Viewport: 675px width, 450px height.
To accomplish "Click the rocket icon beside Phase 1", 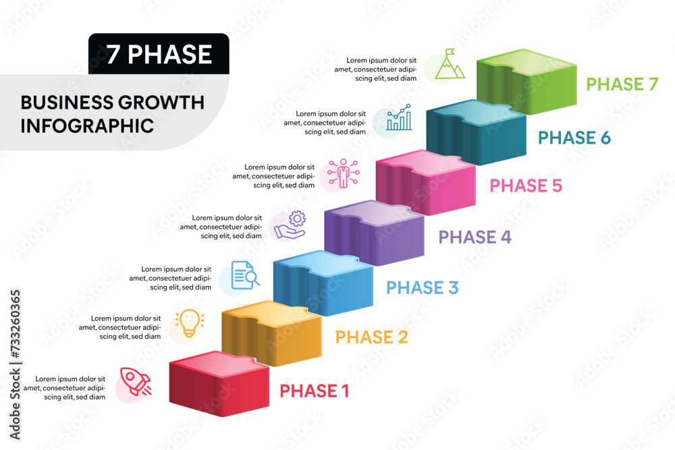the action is tap(136, 381).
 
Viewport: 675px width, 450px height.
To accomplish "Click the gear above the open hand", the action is tap(298, 219).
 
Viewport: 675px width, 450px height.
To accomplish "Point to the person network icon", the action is tap(343, 173).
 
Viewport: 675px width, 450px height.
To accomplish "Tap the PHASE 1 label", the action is tap(315, 391).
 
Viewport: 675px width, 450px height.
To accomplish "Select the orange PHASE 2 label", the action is tap(371, 337).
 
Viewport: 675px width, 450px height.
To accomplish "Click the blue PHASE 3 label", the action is tap(423, 288).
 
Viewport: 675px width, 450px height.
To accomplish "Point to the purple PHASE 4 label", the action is tap(475, 237).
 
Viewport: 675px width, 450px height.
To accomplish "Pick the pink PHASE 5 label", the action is tap(526, 186).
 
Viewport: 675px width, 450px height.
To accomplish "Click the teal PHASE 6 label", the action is tap(574, 138).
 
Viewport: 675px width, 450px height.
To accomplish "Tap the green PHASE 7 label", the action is tap(622, 84).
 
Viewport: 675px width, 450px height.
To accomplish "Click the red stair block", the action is tap(219, 384).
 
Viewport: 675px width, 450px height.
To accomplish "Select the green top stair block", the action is tap(526, 82).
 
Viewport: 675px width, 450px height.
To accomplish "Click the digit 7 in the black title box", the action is tap(113, 55).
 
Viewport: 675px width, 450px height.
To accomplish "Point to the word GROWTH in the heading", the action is tap(161, 103).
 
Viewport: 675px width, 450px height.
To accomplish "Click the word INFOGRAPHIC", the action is tap(87, 126).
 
